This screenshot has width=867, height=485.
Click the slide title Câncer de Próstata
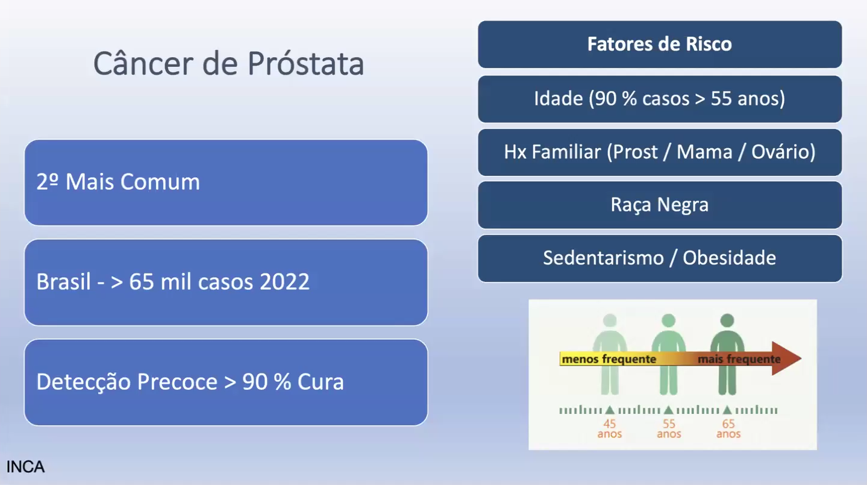click(228, 63)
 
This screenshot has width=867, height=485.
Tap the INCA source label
click(25, 467)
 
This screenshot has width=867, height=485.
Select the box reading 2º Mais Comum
click(226, 183)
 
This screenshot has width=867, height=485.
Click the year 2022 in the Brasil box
click(284, 281)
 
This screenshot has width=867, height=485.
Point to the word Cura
click(321, 381)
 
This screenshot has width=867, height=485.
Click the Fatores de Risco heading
click(660, 44)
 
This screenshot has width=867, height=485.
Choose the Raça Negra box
click(660, 205)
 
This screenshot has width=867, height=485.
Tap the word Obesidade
click(729, 258)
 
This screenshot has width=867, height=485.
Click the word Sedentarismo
click(604, 258)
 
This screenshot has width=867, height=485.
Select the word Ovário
click(783, 152)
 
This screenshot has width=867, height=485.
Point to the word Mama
click(704, 152)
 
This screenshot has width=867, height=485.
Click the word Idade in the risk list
click(558, 98)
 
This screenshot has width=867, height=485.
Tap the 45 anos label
click(610, 429)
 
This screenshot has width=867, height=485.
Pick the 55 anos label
click(669, 429)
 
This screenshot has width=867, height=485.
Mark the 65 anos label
click(728, 429)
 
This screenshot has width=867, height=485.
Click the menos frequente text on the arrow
click(609, 359)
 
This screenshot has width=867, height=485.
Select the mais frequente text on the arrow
click(739, 359)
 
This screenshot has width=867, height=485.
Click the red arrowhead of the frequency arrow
click(786, 358)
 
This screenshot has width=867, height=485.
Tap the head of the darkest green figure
click(727, 321)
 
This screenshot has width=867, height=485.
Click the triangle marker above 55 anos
click(668, 410)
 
